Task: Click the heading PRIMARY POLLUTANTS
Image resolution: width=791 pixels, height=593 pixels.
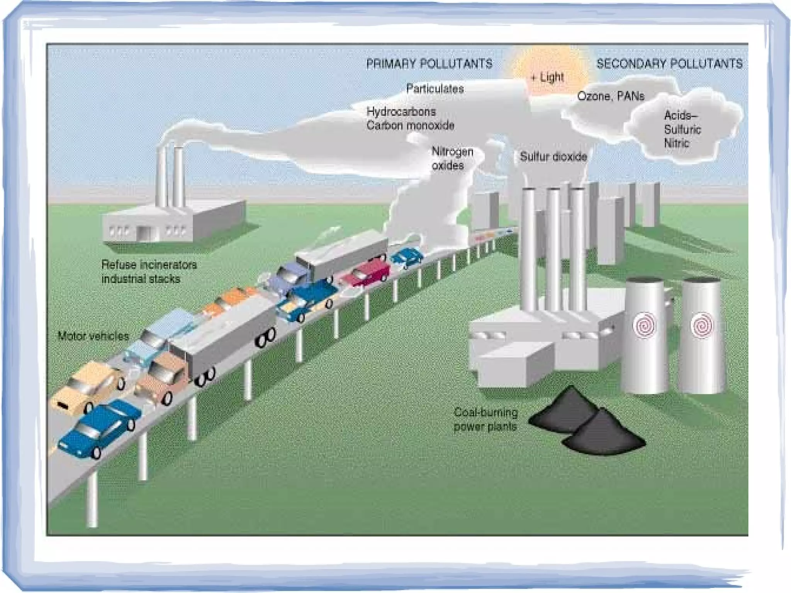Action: (x=429, y=64)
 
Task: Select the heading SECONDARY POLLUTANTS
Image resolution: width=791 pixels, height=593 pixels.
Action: (x=669, y=64)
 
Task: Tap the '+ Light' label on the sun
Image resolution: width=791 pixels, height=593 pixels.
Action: (x=547, y=78)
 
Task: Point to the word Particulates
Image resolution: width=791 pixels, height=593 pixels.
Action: (x=435, y=89)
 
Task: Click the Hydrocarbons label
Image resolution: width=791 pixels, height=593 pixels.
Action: (x=401, y=112)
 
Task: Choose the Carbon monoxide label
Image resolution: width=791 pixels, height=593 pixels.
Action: (x=410, y=126)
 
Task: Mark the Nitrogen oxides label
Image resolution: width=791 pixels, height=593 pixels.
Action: (x=452, y=158)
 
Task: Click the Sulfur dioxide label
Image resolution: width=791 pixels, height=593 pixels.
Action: (x=553, y=157)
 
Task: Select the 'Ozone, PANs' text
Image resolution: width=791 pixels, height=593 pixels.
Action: (x=611, y=96)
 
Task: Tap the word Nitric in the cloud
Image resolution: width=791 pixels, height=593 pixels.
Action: (x=676, y=143)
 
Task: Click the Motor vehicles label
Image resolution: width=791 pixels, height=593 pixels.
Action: (x=93, y=336)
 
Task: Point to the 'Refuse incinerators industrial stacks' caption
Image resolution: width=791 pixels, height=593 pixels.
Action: (x=149, y=272)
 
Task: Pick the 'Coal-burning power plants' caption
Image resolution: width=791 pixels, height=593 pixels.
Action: (x=485, y=419)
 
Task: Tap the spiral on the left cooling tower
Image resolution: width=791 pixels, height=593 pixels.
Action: (x=644, y=325)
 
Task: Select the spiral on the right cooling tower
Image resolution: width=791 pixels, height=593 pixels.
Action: (x=701, y=325)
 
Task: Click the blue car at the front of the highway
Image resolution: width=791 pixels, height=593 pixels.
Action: (x=98, y=428)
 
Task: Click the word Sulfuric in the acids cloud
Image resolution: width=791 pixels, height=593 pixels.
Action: (x=682, y=129)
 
